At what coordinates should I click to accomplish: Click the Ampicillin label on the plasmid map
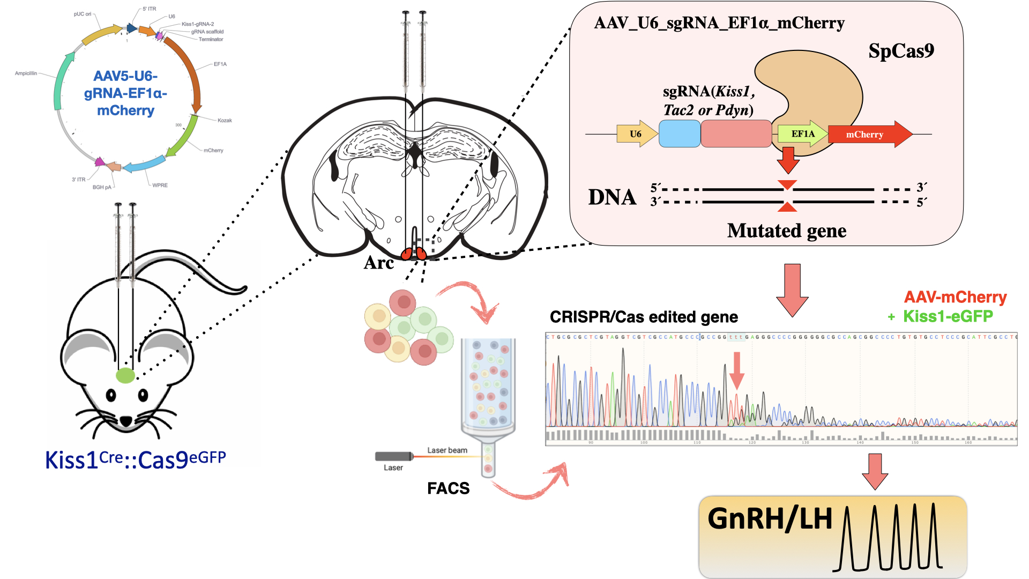26,73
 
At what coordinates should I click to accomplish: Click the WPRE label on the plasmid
160,185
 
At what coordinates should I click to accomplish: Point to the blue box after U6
679,133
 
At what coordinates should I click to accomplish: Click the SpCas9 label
901,51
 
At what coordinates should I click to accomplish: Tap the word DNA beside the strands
612,197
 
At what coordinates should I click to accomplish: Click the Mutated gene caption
786,231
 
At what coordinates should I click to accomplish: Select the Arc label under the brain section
378,263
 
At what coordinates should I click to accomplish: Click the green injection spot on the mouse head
125,375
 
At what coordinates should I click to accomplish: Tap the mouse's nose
126,421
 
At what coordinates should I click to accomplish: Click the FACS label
448,488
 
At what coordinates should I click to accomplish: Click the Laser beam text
447,450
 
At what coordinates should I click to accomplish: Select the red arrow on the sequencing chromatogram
737,370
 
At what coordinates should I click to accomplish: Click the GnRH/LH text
770,519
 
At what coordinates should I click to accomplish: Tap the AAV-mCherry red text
955,297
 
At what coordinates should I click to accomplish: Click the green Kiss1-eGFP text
948,316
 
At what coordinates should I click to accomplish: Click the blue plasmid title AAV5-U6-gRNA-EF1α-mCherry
125,93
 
